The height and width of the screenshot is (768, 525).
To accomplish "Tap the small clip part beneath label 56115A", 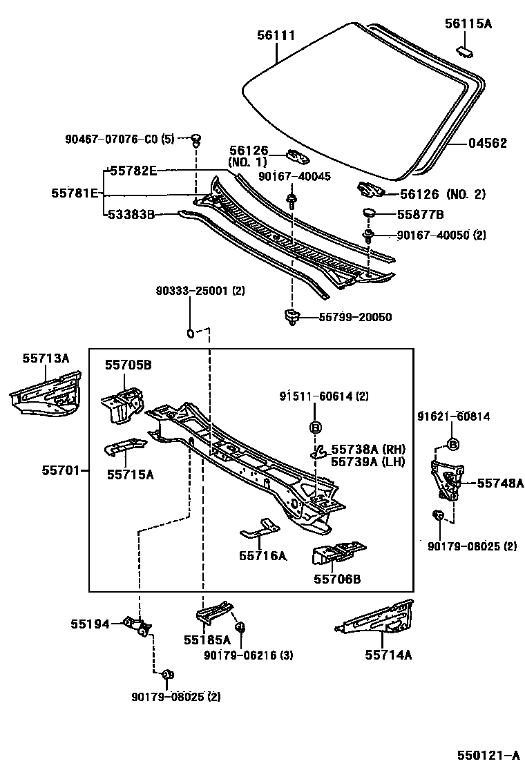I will pos(465,49).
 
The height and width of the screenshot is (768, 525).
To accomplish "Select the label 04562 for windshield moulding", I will pos(487,144).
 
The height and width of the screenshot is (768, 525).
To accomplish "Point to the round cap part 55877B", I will pos(368,213).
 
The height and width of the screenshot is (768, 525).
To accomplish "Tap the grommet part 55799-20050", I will pos(292,317).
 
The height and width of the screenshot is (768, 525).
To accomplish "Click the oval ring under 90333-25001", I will pos(189,335).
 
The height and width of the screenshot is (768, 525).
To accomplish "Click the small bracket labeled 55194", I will pos(137,625).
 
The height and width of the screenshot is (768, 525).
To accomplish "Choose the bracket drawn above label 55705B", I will pos(123,404).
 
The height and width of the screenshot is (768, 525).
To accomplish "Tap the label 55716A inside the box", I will pos(263,555).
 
